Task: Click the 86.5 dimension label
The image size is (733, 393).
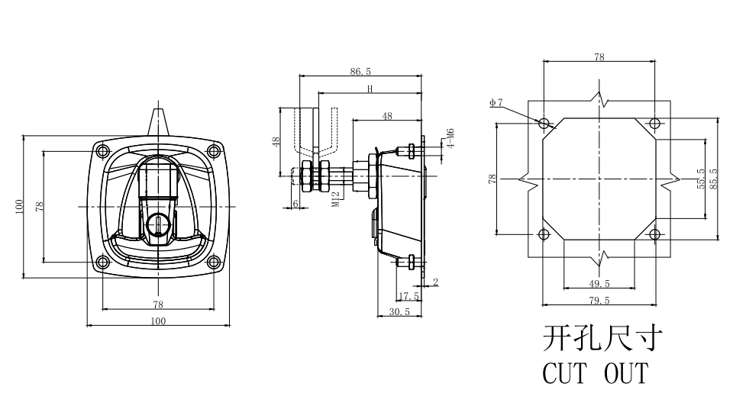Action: click(360, 72)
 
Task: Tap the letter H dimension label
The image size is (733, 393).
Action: click(370, 89)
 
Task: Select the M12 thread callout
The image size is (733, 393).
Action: click(336, 199)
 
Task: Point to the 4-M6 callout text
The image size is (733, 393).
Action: click(450, 138)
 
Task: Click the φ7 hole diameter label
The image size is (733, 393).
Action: click(496, 102)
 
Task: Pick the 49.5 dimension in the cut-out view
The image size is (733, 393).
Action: click(599, 284)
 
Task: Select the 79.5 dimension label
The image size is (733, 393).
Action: click(599, 301)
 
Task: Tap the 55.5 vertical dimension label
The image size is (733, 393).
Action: click(701, 179)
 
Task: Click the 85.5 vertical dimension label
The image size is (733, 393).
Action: click(713, 179)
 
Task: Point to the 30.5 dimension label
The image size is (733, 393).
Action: click(399, 311)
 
